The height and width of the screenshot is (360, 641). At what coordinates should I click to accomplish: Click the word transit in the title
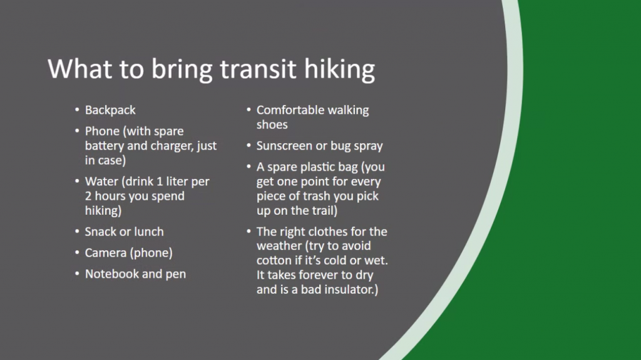pos(257,69)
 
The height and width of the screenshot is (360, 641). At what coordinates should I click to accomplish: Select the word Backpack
pos(110,110)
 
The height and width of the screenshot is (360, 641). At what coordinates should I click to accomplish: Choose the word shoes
pos(272,125)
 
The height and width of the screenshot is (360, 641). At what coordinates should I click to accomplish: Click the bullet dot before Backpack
pos(77,110)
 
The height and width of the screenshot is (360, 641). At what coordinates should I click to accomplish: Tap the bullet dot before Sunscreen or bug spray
pos(249,145)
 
